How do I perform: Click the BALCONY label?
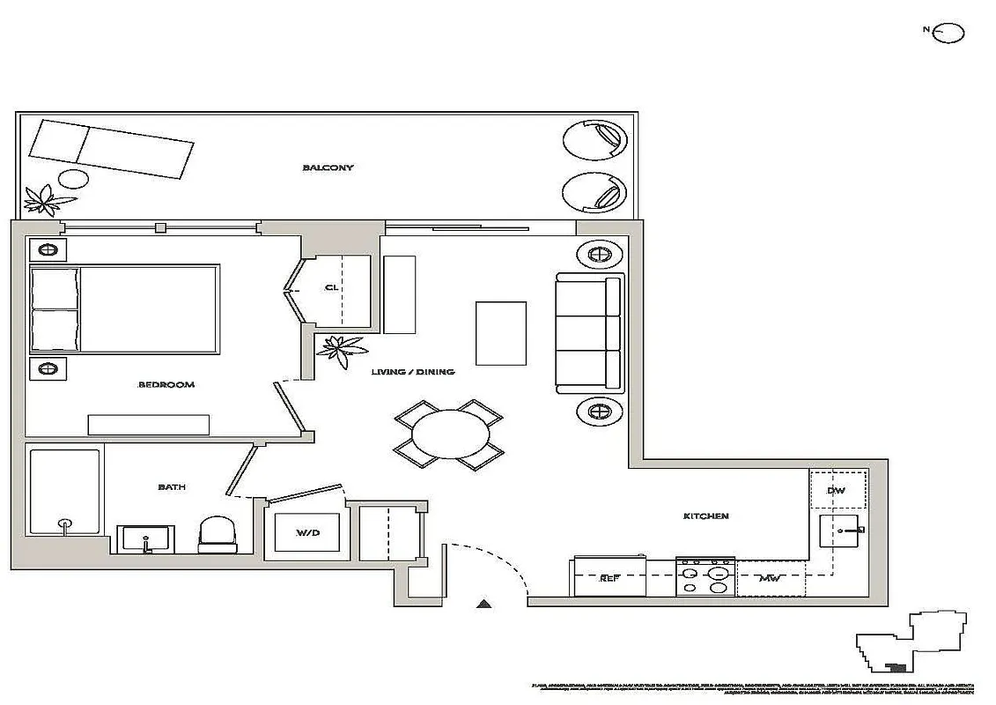click(328, 167)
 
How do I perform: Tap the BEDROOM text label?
click(166, 384)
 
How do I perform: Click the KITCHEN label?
click(706, 516)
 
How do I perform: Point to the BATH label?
click(172, 486)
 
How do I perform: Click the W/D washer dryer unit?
click(307, 531)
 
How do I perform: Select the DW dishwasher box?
click(837, 490)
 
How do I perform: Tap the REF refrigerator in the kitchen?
click(610, 577)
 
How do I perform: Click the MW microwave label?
click(770, 579)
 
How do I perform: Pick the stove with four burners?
click(705, 577)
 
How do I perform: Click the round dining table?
click(449, 432)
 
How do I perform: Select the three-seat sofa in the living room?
click(589, 334)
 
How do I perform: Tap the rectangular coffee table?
click(501, 333)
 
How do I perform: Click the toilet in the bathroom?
click(218, 534)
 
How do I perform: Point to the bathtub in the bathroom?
click(65, 491)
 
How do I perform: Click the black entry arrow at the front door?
click(483, 604)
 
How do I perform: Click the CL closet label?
click(331, 287)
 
